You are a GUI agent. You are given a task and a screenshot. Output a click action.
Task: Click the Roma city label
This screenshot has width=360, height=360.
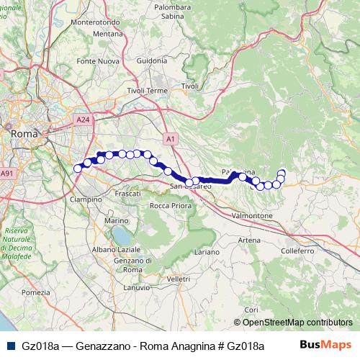click(24, 133)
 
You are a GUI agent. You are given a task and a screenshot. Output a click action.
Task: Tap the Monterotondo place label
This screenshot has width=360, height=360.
click(96, 22)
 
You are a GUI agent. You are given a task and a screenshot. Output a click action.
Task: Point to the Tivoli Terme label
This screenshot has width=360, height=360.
click(147, 91)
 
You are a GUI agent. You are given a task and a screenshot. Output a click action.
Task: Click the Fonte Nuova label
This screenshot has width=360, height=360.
click(97, 61)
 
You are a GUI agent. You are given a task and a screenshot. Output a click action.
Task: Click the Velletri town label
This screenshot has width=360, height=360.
click(177, 278)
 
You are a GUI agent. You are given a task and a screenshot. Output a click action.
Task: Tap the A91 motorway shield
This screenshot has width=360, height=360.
click(7, 173)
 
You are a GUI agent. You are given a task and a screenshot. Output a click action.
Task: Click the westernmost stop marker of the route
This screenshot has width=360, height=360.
click(78, 168)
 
